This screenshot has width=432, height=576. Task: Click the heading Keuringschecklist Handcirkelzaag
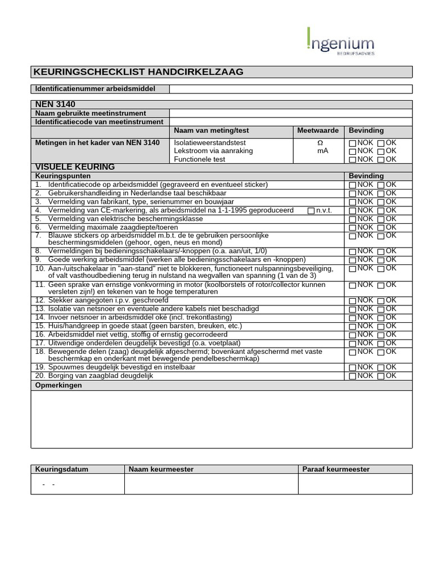(138, 72)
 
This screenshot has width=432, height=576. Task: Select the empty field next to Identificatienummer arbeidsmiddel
(290, 89)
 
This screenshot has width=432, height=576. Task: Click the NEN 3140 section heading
(55, 105)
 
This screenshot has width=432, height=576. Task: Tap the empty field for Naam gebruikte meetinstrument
(290, 113)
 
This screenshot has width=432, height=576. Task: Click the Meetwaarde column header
(318, 130)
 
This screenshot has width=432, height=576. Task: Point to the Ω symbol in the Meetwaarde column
(320, 143)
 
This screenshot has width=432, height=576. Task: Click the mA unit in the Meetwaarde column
(322, 151)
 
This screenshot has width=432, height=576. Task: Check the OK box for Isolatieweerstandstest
(381, 143)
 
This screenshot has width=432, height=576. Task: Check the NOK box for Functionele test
(353, 160)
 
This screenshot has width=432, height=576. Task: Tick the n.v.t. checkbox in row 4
(312, 211)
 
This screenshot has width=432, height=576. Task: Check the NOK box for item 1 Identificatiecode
(353, 185)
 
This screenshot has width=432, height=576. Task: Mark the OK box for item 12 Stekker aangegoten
(381, 301)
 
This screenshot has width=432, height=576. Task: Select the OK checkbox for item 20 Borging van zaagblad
(381, 376)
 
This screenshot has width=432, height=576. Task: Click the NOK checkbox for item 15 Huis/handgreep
(353, 327)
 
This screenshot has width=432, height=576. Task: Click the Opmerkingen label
(58, 385)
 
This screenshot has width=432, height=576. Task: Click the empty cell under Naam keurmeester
(211, 484)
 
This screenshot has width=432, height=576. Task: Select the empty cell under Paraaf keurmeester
(355, 484)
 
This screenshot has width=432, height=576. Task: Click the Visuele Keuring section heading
(75, 167)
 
